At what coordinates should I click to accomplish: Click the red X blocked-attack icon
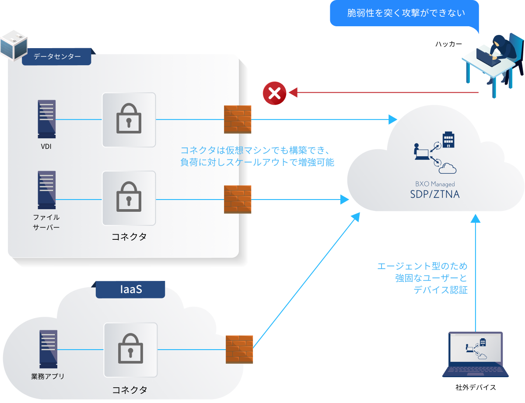pyautogui.click(x=274, y=93)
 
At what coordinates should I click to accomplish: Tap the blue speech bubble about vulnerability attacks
pyautogui.click(x=405, y=13)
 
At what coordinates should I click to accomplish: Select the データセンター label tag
pyautogui.click(x=57, y=57)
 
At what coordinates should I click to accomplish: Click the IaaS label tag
pyautogui.click(x=130, y=290)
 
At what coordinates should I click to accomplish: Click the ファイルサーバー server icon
pyautogui.click(x=47, y=190)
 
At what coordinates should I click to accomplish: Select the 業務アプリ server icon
pyautogui.click(x=48, y=349)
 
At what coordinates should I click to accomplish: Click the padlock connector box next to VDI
pyautogui.click(x=129, y=119)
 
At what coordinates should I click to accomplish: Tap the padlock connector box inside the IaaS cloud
pyautogui.click(x=130, y=350)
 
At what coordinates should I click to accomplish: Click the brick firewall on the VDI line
pyautogui.click(x=238, y=119)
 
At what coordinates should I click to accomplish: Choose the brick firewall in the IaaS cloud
pyautogui.click(x=239, y=349)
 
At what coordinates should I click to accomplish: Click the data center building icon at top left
pyautogui.click(x=13, y=45)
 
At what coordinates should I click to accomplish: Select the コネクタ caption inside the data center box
pyautogui.click(x=129, y=237)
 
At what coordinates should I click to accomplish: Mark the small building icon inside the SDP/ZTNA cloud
pyautogui.click(x=448, y=139)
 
